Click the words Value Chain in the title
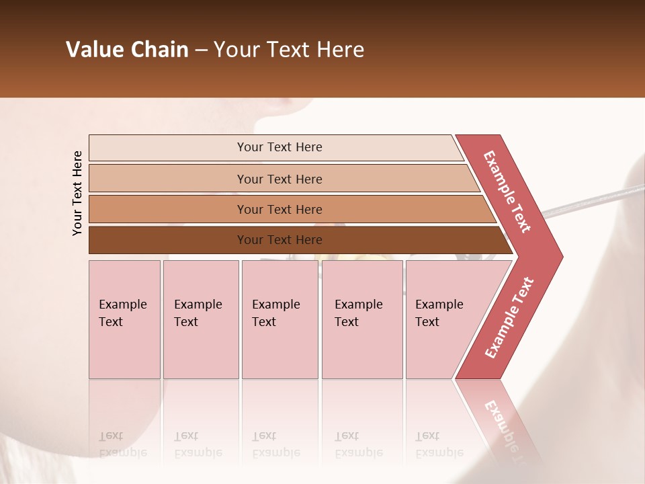click(x=127, y=50)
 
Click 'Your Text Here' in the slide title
click(x=289, y=50)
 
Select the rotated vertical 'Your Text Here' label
click(x=77, y=193)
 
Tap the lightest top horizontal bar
click(x=279, y=147)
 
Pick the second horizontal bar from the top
click(x=279, y=179)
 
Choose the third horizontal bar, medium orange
click(x=279, y=209)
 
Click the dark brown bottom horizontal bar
click(x=279, y=240)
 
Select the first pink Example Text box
click(x=124, y=319)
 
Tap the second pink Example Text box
click(x=200, y=319)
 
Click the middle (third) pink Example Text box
click(x=279, y=319)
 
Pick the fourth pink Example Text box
click(x=361, y=319)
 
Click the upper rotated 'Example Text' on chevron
click(x=507, y=192)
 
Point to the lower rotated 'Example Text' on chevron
click(x=509, y=317)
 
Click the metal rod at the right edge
click(x=591, y=202)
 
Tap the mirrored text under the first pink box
click(x=123, y=444)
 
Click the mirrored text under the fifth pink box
click(x=439, y=444)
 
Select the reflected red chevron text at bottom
click(x=504, y=424)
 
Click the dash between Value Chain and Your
click(x=200, y=50)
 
